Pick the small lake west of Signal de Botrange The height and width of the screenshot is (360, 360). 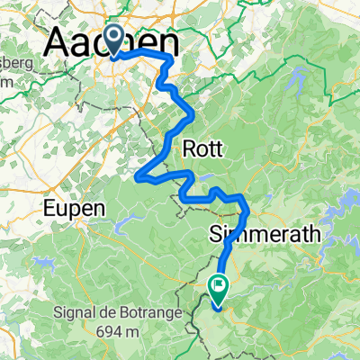coord(42,265)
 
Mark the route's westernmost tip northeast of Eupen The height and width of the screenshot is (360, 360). coord(138,175)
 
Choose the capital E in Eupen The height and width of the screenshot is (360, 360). coord(49,208)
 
